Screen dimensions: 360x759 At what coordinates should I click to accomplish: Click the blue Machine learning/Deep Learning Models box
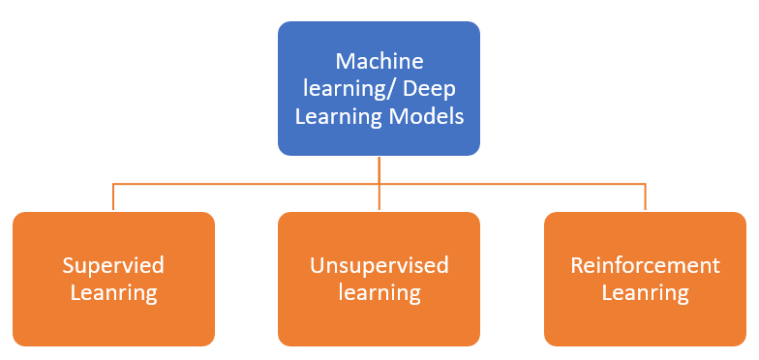(x=379, y=89)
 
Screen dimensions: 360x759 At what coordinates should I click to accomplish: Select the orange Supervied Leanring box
(x=113, y=279)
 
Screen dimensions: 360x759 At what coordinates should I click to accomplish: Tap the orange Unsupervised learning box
(x=379, y=279)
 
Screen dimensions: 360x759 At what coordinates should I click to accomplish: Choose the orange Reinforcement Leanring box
(x=645, y=279)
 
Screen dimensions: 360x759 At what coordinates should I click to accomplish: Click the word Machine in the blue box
(x=379, y=61)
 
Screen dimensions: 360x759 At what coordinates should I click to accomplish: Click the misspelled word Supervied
(x=113, y=265)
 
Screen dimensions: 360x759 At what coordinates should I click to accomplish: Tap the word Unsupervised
(x=379, y=265)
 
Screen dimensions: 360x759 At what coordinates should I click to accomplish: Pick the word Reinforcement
(x=645, y=265)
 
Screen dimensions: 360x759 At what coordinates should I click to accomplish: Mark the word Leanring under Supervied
(x=113, y=291)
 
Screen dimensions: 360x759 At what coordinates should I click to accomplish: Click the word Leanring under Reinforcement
(x=645, y=291)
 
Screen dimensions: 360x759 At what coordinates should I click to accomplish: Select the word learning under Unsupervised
(x=379, y=291)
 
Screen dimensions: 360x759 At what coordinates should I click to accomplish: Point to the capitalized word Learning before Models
(x=337, y=117)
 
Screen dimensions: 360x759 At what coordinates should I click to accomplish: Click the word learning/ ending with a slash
(x=351, y=89)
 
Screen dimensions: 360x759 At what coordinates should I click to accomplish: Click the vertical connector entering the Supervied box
(x=113, y=197)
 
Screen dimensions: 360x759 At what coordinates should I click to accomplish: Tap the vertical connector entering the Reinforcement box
(x=645, y=197)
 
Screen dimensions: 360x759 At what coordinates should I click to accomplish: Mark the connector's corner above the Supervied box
(x=113, y=183)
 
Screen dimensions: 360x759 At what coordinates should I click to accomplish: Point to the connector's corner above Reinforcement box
(x=645, y=183)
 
